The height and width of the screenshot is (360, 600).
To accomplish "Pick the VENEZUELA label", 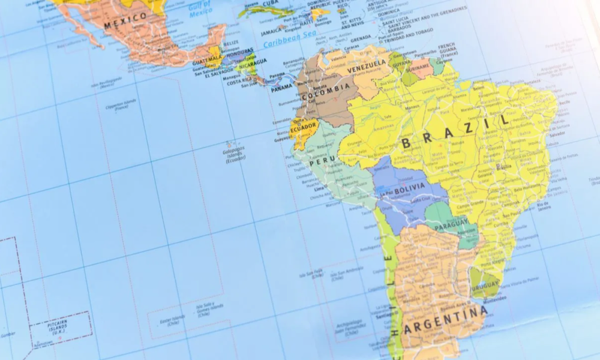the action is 367,64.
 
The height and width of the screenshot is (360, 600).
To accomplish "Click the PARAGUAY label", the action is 451,224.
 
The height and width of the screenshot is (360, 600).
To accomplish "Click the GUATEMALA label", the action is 206,62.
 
